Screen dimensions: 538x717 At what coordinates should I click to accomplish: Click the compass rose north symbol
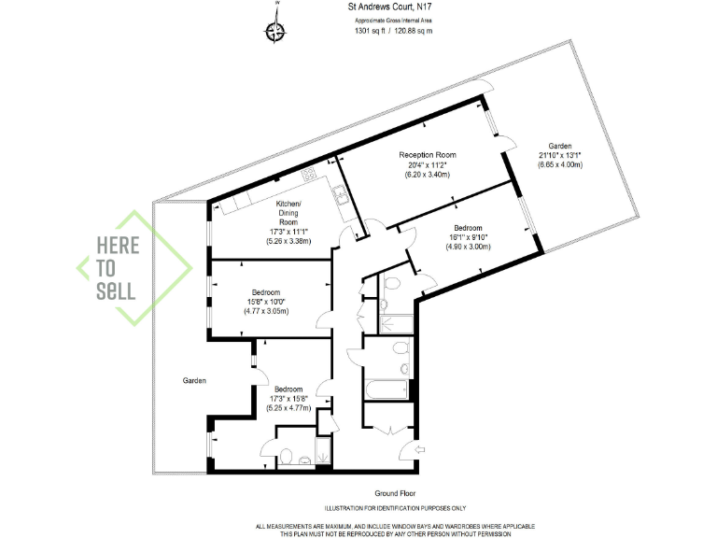click(x=276, y=32)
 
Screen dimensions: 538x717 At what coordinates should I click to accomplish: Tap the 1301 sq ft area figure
click(x=371, y=31)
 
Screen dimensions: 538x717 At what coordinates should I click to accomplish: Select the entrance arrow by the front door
click(x=419, y=450)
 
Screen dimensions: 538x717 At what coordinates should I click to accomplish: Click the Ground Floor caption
click(x=395, y=493)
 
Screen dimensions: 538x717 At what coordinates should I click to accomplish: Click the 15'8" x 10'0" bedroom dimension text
click(x=264, y=300)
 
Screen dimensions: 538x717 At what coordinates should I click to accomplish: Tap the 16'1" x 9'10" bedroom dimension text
click(x=468, y=237)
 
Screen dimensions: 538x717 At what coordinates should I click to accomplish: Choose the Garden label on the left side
click(x=194, y=380)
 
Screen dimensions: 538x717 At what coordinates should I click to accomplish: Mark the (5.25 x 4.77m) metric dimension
click(x=288, y=407)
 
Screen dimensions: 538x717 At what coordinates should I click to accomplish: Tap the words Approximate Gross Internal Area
click(x=393, y=20)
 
